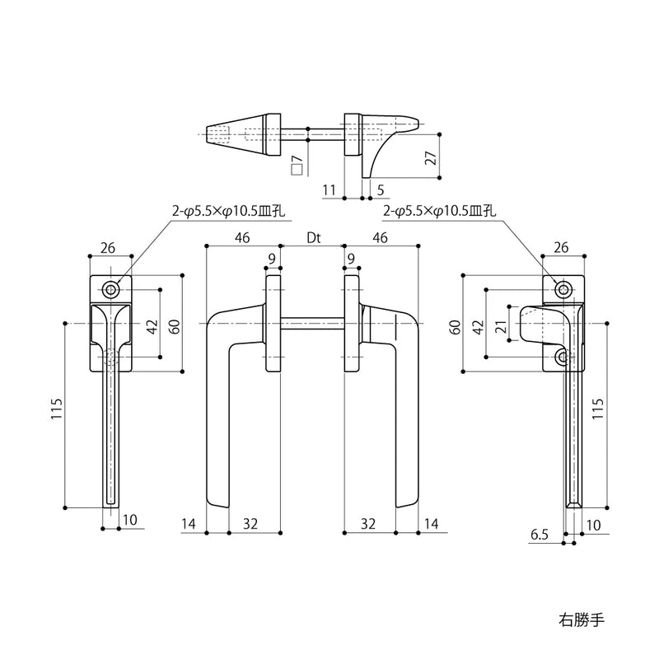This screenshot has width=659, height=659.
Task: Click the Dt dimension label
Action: (x=314, y=238)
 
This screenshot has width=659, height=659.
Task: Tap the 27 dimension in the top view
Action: (x=432, y=157)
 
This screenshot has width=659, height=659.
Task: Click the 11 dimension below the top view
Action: (x=329, y=190)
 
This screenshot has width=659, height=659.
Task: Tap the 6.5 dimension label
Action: (x=540, y=535)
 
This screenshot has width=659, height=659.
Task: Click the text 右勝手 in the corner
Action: (x=582, y=620)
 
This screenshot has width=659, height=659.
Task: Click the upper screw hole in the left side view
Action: (x=111, y=289)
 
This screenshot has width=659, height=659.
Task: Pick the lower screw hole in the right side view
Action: (x=563, y=358)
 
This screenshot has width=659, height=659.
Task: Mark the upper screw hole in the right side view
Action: (x=563, y=289)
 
